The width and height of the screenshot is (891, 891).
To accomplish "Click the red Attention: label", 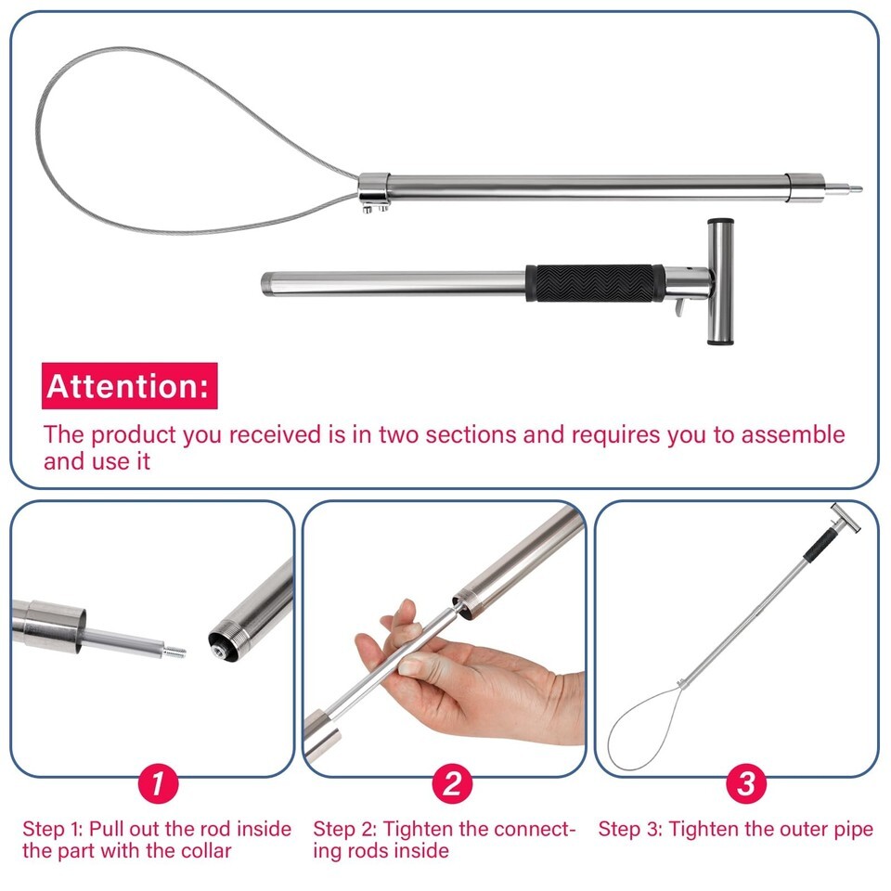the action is point(130,386).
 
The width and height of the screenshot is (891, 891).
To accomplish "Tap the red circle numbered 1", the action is point(159,783).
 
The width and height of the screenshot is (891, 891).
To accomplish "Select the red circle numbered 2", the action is point(452,783).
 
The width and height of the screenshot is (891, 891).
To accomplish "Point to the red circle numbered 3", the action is point(746,783).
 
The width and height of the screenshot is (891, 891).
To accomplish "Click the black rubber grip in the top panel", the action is point(595,283).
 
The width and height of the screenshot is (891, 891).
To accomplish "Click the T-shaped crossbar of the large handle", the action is point(720,281).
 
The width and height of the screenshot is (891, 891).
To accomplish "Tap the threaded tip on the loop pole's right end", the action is point(844,189).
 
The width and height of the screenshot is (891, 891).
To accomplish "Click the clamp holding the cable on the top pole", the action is point(374,192).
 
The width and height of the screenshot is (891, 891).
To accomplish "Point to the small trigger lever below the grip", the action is point(680,307).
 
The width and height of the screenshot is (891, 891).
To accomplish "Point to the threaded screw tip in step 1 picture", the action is point(174,652).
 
